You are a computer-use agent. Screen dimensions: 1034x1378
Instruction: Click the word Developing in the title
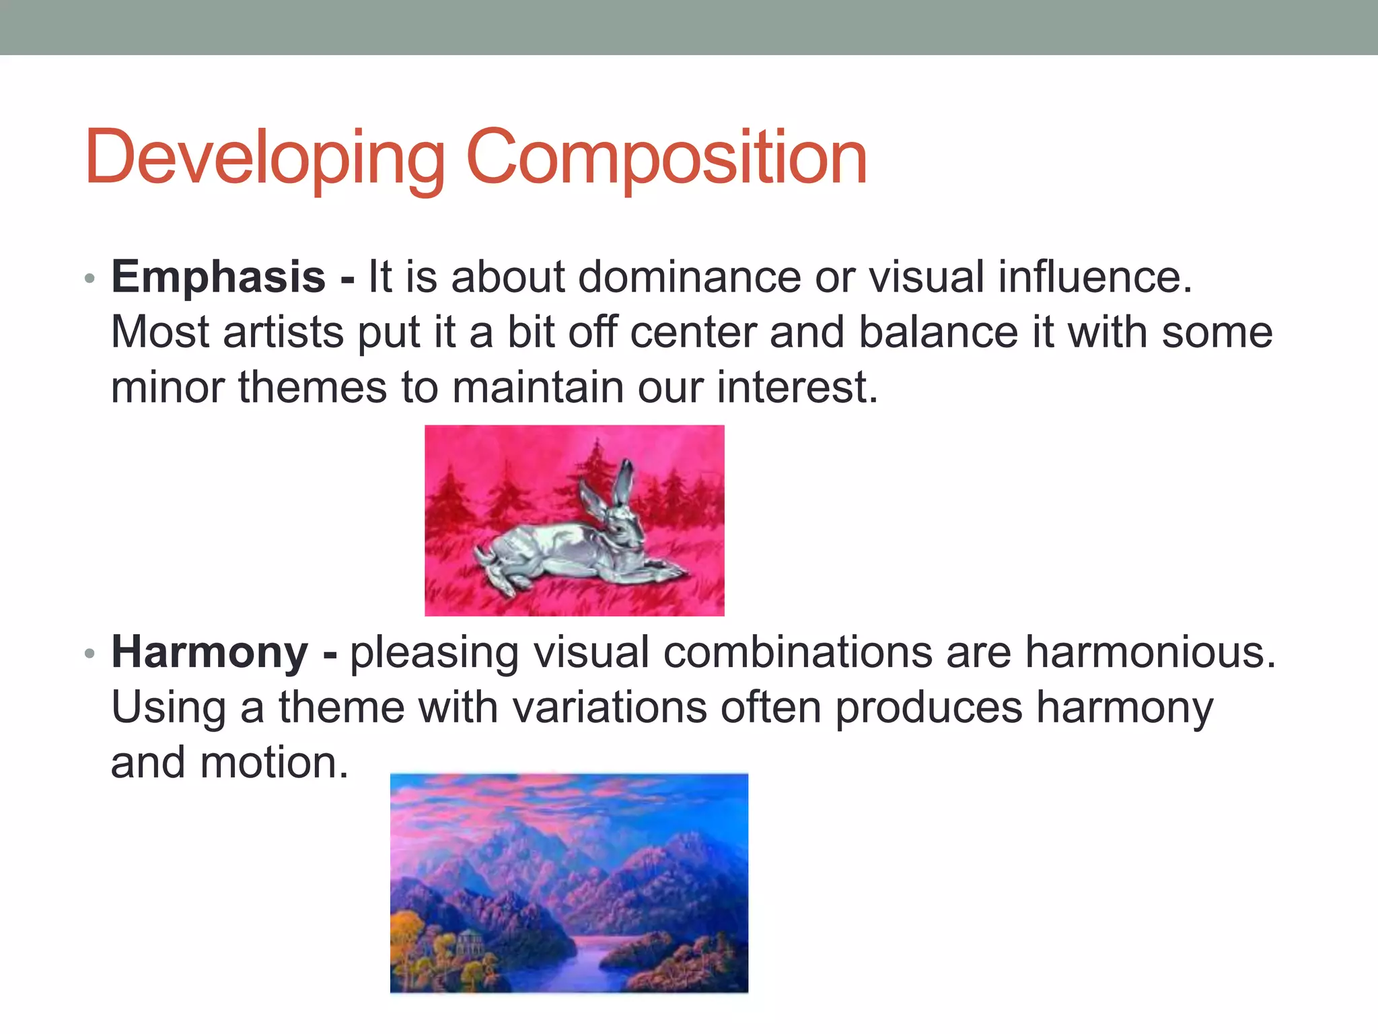click(x=264, y=158)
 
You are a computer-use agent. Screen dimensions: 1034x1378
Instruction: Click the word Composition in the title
click(x=666, y=158)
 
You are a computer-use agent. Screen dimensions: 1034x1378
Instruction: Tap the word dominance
click(x=690, y=277)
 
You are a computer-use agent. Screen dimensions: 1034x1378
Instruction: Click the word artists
click(x=283, y=333)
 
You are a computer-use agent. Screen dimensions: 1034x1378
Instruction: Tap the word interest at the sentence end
click(x=797, y=388)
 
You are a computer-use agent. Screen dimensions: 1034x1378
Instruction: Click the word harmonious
click(x=1150, y=652)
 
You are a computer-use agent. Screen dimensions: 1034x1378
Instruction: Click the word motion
click(x=275, y=763)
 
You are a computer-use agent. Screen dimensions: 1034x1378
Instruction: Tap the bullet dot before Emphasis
click(x=90, y=279)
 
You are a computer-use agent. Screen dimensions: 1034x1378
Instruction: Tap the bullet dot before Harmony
click(x=90, y=654)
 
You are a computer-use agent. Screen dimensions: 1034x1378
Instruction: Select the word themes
click(x=313, y=388)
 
